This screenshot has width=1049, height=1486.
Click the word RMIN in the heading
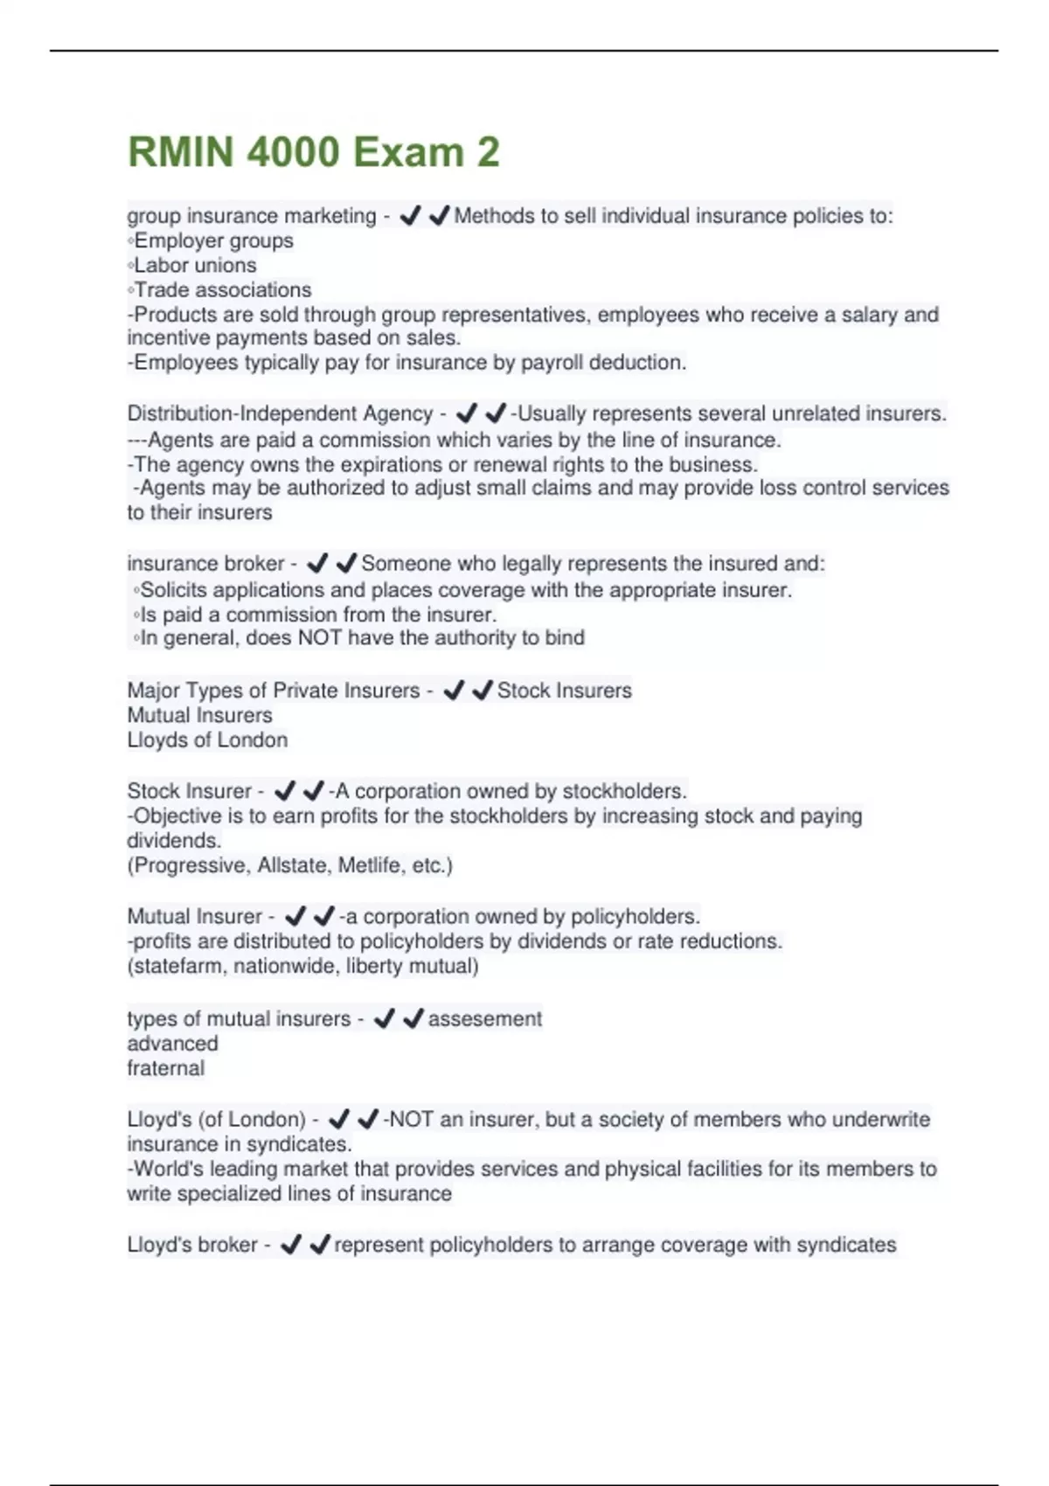click(x=180, y=152)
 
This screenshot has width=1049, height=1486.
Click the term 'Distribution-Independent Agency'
click(x=280, y=413)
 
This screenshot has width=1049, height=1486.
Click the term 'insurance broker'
click(x=205, y=564)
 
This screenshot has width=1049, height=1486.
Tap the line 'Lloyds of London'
click(x=207, y=740)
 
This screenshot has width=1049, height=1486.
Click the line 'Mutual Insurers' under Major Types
click(x=199, y=715)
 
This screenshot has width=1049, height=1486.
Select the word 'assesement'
click(x=484, y=1019)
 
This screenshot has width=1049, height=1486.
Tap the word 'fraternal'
click(x=165, y=1068)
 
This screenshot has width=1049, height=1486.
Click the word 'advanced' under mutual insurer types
click(x=172, y=1044)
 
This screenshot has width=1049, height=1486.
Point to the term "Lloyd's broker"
click(x=192, y=1245)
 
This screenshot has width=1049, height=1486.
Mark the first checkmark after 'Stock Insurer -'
click(x=285, y=791)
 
